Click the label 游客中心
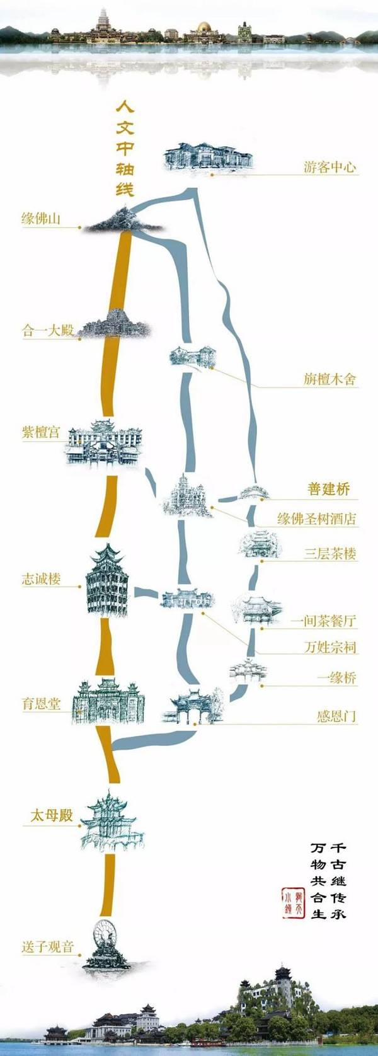[x=329, y=168]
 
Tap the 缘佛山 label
[x=42, y=219]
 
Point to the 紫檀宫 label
[x=42, y=432]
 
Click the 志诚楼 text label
[x=42, y=578]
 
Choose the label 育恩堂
[x=42, y=704]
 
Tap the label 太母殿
[x=52, y=815]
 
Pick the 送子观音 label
[x=48, y=947]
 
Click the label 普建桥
[x=328, y=490]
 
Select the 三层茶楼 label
[x=329, y=554]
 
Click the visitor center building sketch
[x=208, y=157]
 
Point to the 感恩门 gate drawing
[x=192, y=706]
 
